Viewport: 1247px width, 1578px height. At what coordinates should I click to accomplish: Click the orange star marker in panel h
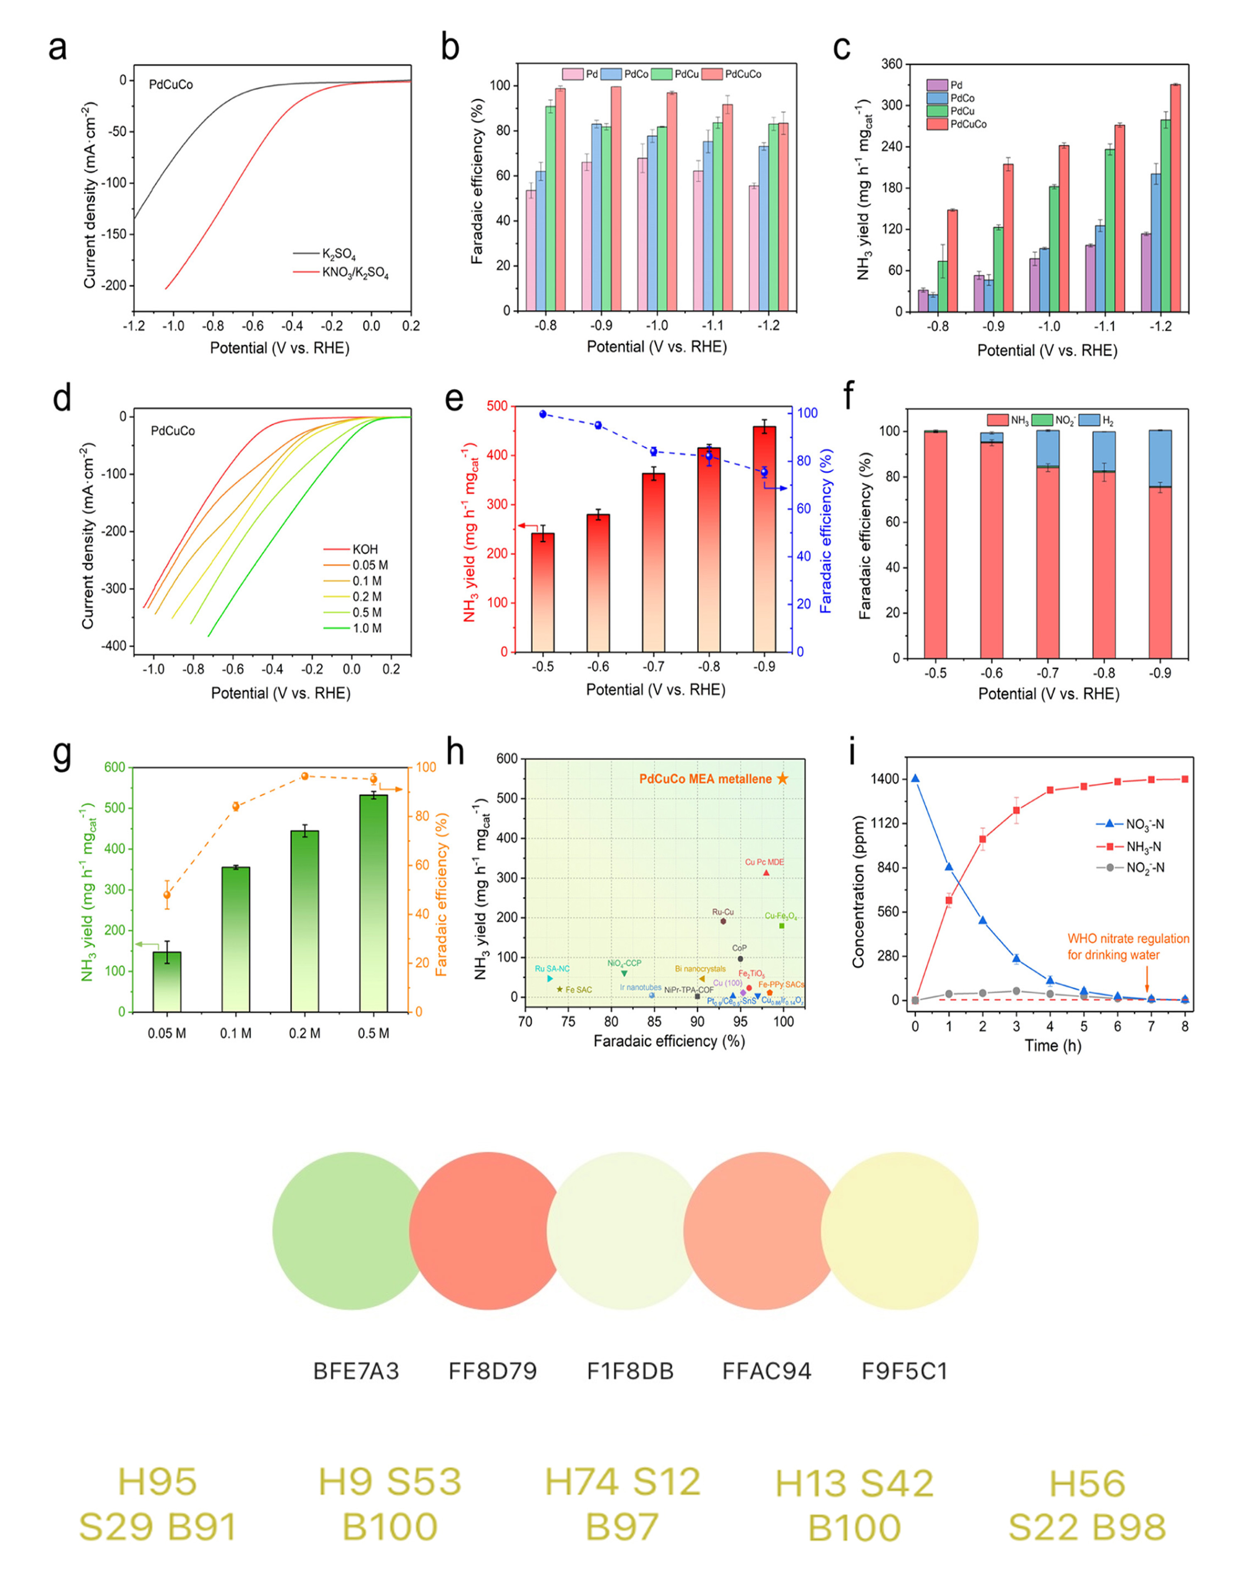782,778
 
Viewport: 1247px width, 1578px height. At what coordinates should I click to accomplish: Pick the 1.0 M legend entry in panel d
367,628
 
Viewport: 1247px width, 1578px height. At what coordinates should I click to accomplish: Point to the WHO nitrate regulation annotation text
1128,947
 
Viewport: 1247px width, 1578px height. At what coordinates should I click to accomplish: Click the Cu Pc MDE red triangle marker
766,873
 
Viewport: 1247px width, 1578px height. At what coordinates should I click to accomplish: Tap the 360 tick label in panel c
891,64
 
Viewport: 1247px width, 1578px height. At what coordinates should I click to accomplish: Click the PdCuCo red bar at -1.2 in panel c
1176,197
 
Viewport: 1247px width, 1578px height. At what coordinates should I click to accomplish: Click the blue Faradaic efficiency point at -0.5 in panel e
543,414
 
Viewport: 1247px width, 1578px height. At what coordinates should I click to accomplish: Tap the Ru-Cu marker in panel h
723,921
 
